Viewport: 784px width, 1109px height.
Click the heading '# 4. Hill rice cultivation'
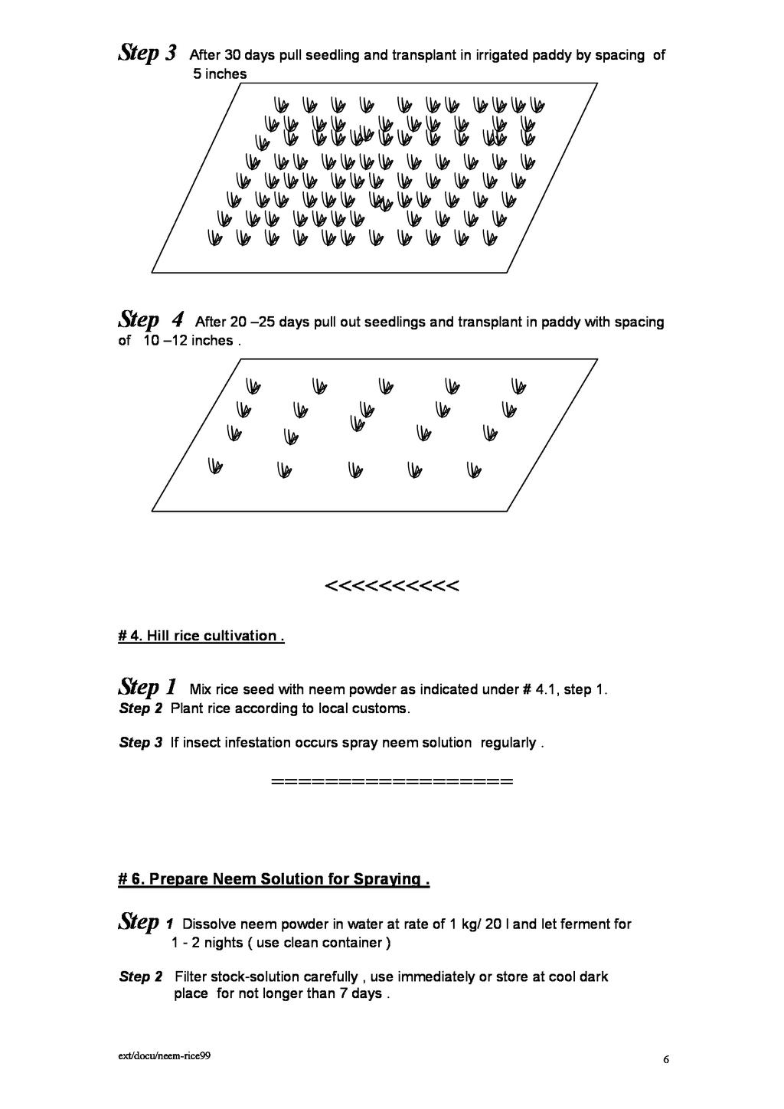click(201, 636)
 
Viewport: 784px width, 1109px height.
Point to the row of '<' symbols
click(391, 587)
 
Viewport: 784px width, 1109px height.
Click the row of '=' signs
click(391, 783)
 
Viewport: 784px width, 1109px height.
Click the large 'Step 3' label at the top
click(149, 54)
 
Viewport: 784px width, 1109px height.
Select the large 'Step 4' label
click(152, 319)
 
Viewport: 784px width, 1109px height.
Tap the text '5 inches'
click(220, 74)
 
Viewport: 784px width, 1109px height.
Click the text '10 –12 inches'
click(188, 341)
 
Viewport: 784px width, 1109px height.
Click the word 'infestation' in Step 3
click(258, 743)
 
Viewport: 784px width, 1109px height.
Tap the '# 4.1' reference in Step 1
click(541, 689)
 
